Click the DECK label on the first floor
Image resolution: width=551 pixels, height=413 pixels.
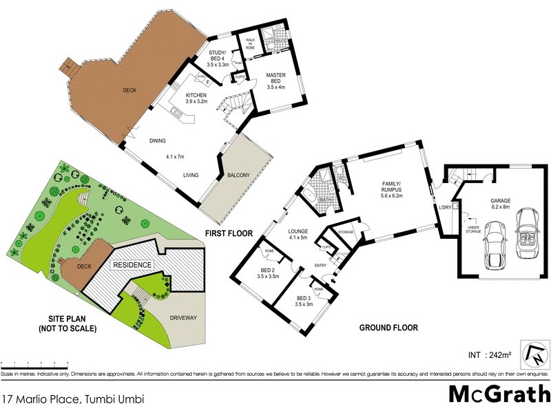pos(129,89)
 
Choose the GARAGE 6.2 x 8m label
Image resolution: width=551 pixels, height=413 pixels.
pos(501,204)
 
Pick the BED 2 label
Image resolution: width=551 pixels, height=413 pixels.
pos(267,272)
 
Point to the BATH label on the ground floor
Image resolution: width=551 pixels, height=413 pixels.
pos(328,201)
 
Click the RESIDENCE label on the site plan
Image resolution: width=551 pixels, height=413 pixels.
pos(132,264)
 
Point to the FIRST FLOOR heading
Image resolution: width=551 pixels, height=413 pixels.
pos(229,233)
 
